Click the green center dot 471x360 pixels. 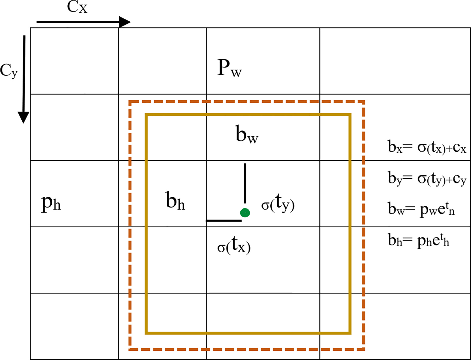coord(245,213)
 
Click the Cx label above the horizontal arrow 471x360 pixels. coord(77,7)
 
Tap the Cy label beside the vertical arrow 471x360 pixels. coord(9,71)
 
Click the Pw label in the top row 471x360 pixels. coord(229,68)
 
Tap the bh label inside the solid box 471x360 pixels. coord(175,201)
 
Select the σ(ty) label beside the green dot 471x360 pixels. coord(278,203)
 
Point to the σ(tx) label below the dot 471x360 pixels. coord(234,246)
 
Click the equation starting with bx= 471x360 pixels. coord(427,147)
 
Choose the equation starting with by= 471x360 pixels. coord(427,179)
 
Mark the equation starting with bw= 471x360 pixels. coord(421,209)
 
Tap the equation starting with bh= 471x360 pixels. coord(418,240)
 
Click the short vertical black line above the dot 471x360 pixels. coord(245,183)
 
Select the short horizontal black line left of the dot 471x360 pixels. coord(224,220)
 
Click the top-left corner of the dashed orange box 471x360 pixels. coord(130,102)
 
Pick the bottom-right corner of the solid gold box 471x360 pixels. coord(350,333)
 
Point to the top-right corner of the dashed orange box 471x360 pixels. coord(363,102)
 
